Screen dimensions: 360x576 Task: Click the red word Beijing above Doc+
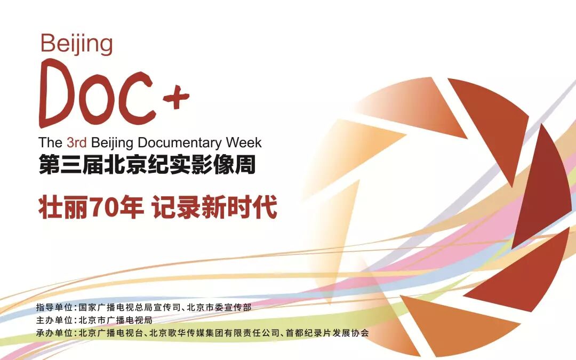pos(77,45)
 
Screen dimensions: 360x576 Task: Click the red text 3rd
pos(77,143)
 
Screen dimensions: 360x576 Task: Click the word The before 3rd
pos(51,143)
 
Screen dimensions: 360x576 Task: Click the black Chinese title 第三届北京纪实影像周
pos(147,164)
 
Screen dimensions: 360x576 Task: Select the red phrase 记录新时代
pos(214,208)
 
